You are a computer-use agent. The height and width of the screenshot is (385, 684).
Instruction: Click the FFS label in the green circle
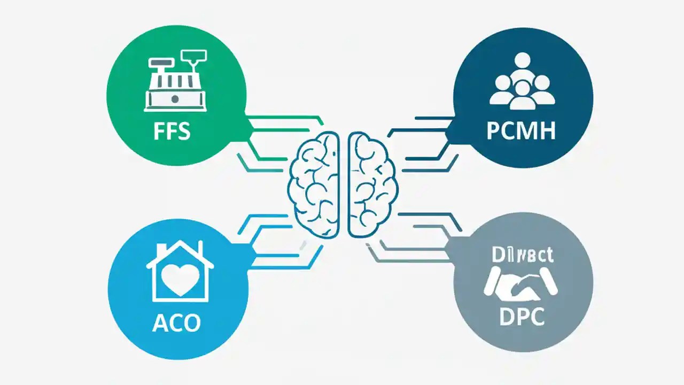172,132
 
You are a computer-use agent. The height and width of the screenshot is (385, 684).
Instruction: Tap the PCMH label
520,130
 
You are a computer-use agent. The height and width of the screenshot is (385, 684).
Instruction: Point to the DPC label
522,317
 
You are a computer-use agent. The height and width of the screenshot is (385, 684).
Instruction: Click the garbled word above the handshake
522,255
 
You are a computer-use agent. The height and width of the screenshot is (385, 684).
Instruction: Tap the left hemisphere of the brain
314,184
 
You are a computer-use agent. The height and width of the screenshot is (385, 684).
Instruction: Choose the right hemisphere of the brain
371,184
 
